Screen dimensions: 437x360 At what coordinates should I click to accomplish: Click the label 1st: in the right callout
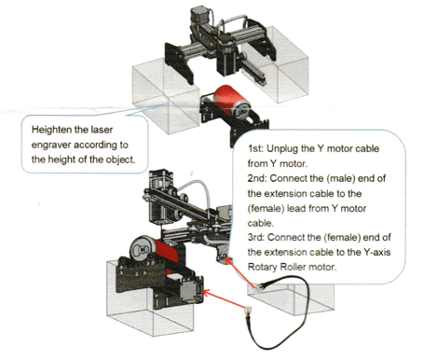(255, 148)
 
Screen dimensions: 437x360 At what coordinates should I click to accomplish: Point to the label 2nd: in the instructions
(257, 178)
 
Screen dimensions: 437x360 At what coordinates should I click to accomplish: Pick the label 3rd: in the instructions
(256, 238)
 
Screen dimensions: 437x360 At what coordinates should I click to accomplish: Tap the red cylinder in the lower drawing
(166, 252)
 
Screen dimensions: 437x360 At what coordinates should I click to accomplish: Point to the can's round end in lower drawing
(141, 250)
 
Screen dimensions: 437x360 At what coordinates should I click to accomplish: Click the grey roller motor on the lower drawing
(190, 290)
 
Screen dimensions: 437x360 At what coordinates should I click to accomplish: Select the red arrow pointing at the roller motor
(225, 298)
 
